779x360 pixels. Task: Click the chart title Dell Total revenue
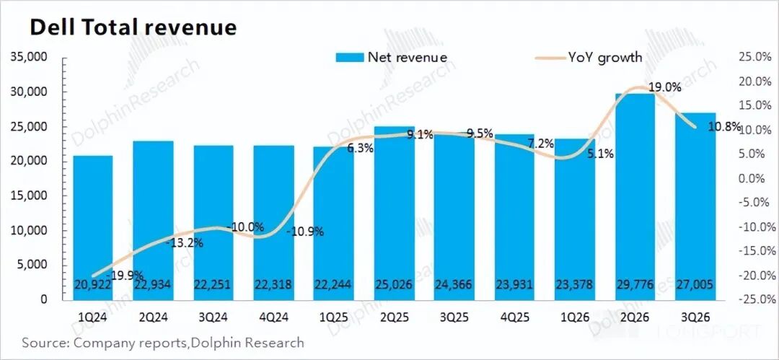pos(133,27)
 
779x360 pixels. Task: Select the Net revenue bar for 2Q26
pos(635,195)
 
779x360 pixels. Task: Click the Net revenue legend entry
pos(392,57)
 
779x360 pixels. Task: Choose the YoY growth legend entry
pos(587,57)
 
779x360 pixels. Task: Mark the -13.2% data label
pos(185,242)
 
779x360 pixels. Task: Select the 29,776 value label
pos(635,286)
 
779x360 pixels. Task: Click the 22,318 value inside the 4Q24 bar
pos(273,286)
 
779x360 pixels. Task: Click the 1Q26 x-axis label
pos(575,316)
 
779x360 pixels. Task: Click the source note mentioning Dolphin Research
pos(163,343)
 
